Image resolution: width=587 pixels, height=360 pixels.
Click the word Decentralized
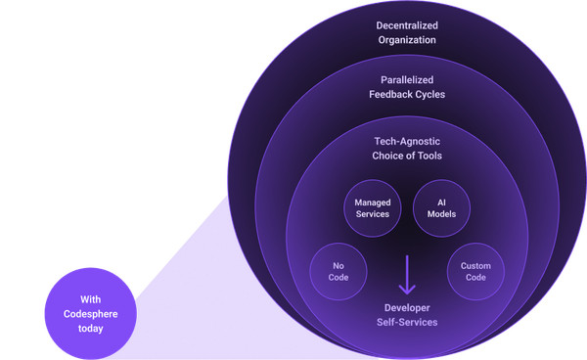(407, 25)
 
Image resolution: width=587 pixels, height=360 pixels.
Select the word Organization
(407, 40)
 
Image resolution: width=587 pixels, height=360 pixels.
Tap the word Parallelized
(407, 80)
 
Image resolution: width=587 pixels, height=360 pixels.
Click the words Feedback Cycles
(407, 95)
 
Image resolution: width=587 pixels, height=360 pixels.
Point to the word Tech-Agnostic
(407, 141)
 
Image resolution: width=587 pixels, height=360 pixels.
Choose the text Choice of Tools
(407, 156)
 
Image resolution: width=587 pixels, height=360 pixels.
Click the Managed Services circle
(372, 207)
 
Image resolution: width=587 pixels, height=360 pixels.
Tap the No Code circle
(339, 270)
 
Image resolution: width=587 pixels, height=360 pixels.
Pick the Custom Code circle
(475, 271)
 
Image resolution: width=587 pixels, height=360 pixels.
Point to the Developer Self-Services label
(407, 314)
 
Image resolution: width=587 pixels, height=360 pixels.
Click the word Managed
(372, 202)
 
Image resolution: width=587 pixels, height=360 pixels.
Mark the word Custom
(475, 265)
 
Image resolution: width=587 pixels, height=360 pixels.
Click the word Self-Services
(407, 322)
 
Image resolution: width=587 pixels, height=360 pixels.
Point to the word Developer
(407, 307)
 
